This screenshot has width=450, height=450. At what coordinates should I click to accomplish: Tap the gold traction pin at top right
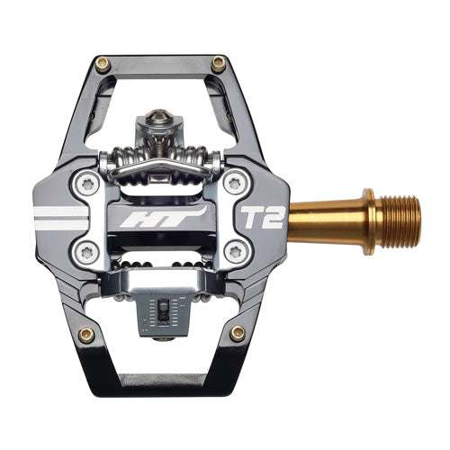point(218,63)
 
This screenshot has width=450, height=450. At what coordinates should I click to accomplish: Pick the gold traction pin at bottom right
point(237,333)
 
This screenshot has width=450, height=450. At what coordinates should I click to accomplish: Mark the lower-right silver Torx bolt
point(236,250)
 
